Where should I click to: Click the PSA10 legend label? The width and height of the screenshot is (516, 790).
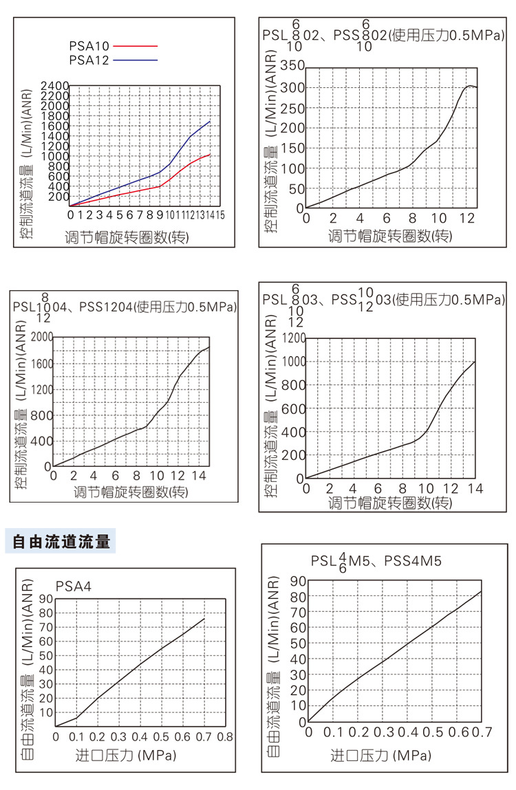[89, 46]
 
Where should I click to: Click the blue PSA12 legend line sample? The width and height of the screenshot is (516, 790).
[136, 60]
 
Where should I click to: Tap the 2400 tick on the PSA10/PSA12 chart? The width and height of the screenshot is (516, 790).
[55, 86]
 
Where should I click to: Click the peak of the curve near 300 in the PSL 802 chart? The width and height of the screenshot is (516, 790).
[470, 86]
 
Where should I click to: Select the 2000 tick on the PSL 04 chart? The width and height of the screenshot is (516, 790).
[39, 337]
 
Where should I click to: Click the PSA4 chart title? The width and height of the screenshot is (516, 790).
[73, 586]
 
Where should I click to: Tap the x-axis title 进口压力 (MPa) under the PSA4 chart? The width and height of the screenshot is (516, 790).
[125, 756]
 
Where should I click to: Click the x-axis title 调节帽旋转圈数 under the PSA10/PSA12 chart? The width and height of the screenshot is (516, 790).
[127, 237]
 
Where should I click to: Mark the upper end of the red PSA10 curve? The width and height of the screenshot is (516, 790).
[210, 155]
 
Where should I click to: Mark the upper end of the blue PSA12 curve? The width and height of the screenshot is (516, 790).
[210, 122]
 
